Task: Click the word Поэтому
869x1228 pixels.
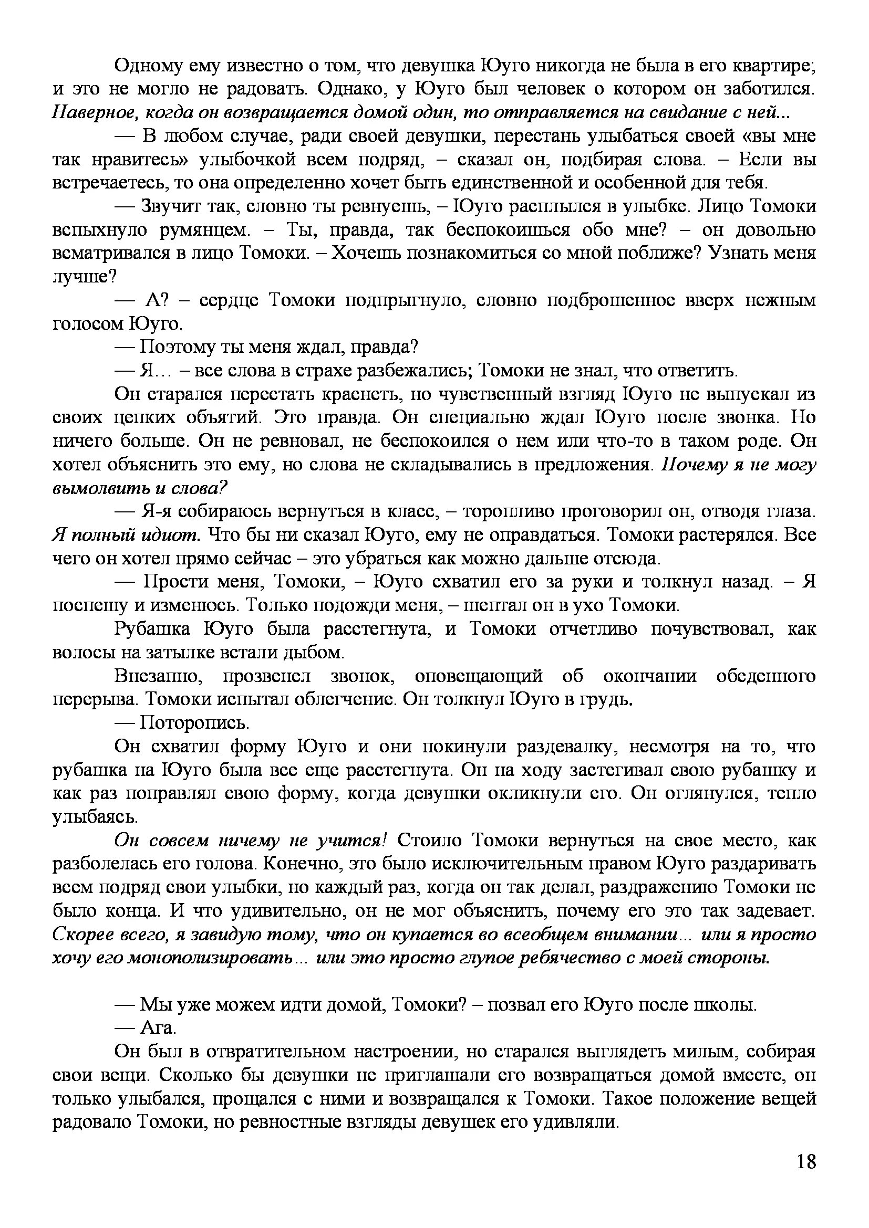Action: pyautogui.click(x=174, y=348)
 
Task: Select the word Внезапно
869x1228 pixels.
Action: pyautogui.click(x=158, y=677)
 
